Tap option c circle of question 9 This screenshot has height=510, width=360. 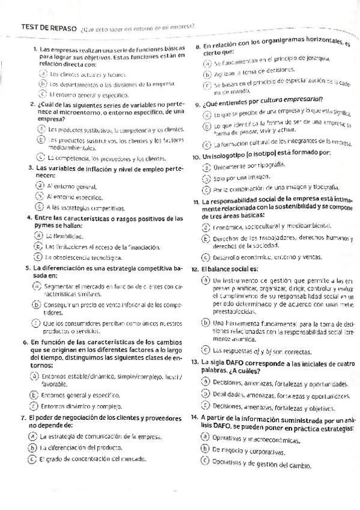pyautogui.click(x=208, y=143)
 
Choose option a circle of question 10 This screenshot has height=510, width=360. pyautogui.click(x=207, y=166)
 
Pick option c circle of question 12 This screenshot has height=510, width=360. pyautogui.click(x=206, y=349)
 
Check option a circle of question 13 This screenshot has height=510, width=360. pyautogui.click(x=206, y=382)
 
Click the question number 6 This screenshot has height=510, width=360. pyautogui.click(x=25, y=342)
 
